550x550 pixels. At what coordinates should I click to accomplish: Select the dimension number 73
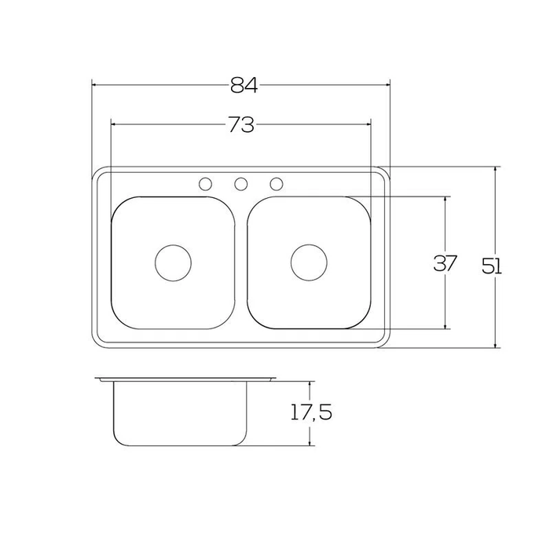241,125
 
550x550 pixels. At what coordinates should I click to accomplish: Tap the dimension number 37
445,264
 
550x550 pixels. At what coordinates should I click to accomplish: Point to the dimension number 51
492,266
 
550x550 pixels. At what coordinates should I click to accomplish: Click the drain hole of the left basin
173,262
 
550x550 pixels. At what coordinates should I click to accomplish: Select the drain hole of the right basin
308,262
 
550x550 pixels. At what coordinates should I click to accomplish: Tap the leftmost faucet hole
205,184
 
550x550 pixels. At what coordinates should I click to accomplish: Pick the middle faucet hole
241,184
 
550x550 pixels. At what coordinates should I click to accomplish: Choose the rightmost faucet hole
277,184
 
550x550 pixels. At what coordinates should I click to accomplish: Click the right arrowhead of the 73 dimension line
366,124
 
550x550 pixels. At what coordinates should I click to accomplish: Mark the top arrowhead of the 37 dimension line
445,200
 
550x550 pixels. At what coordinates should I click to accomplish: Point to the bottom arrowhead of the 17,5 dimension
311,443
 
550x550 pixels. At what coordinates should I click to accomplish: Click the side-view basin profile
181,412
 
